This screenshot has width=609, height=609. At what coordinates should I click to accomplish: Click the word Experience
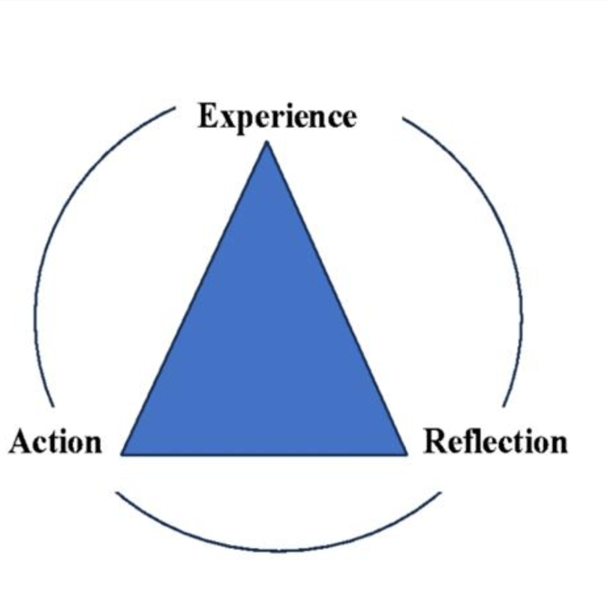tap(277, 117)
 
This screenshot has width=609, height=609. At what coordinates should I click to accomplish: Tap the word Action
tap(56, 441)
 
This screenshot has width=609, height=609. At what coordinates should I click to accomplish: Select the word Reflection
tap(496, 441)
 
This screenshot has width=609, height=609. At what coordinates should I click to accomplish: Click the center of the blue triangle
tap(266, 349)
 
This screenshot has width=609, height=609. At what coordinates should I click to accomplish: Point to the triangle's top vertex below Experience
tap(267, 142)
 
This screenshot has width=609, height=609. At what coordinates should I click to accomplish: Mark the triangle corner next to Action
tap(122, 454)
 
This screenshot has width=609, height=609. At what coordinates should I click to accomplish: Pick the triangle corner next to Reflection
tap(407, 454)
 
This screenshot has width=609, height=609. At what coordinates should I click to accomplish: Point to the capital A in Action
tap(19, 441)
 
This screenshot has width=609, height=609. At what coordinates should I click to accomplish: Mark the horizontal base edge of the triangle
tap(266, 454)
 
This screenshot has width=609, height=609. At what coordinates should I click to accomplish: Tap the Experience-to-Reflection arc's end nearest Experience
tap(404, 119)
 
